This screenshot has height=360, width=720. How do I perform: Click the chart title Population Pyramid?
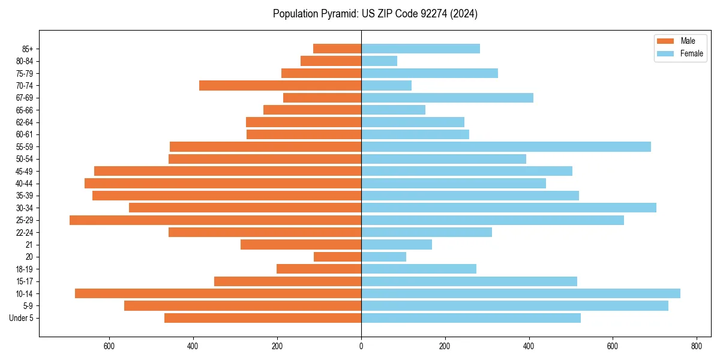coord(375,14)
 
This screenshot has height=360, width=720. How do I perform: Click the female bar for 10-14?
coord(520,293)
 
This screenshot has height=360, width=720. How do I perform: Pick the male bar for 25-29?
coord(215,220)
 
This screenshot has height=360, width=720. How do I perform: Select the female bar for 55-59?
coord(506,147)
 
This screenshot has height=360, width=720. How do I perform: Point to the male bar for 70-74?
coord(280,86)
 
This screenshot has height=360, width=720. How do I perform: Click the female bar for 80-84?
coord(379,61)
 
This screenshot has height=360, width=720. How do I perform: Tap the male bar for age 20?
coord(337,257)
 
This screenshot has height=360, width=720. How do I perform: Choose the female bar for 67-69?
coord(447,98)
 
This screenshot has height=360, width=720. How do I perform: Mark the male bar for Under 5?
coord(263,318)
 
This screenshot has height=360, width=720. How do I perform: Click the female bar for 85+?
coord(421,49)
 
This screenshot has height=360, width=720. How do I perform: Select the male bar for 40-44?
coord(223,184)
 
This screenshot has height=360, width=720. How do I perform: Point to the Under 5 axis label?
coord(22,318)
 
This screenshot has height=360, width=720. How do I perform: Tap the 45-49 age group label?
coord(25,171)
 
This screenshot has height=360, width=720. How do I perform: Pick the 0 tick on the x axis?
coord(361,346)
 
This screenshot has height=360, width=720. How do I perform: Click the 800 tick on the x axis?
coord(696,346)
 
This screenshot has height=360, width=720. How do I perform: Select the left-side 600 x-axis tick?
coord(109,346)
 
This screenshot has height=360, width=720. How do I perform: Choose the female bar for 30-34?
coord(509,208)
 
